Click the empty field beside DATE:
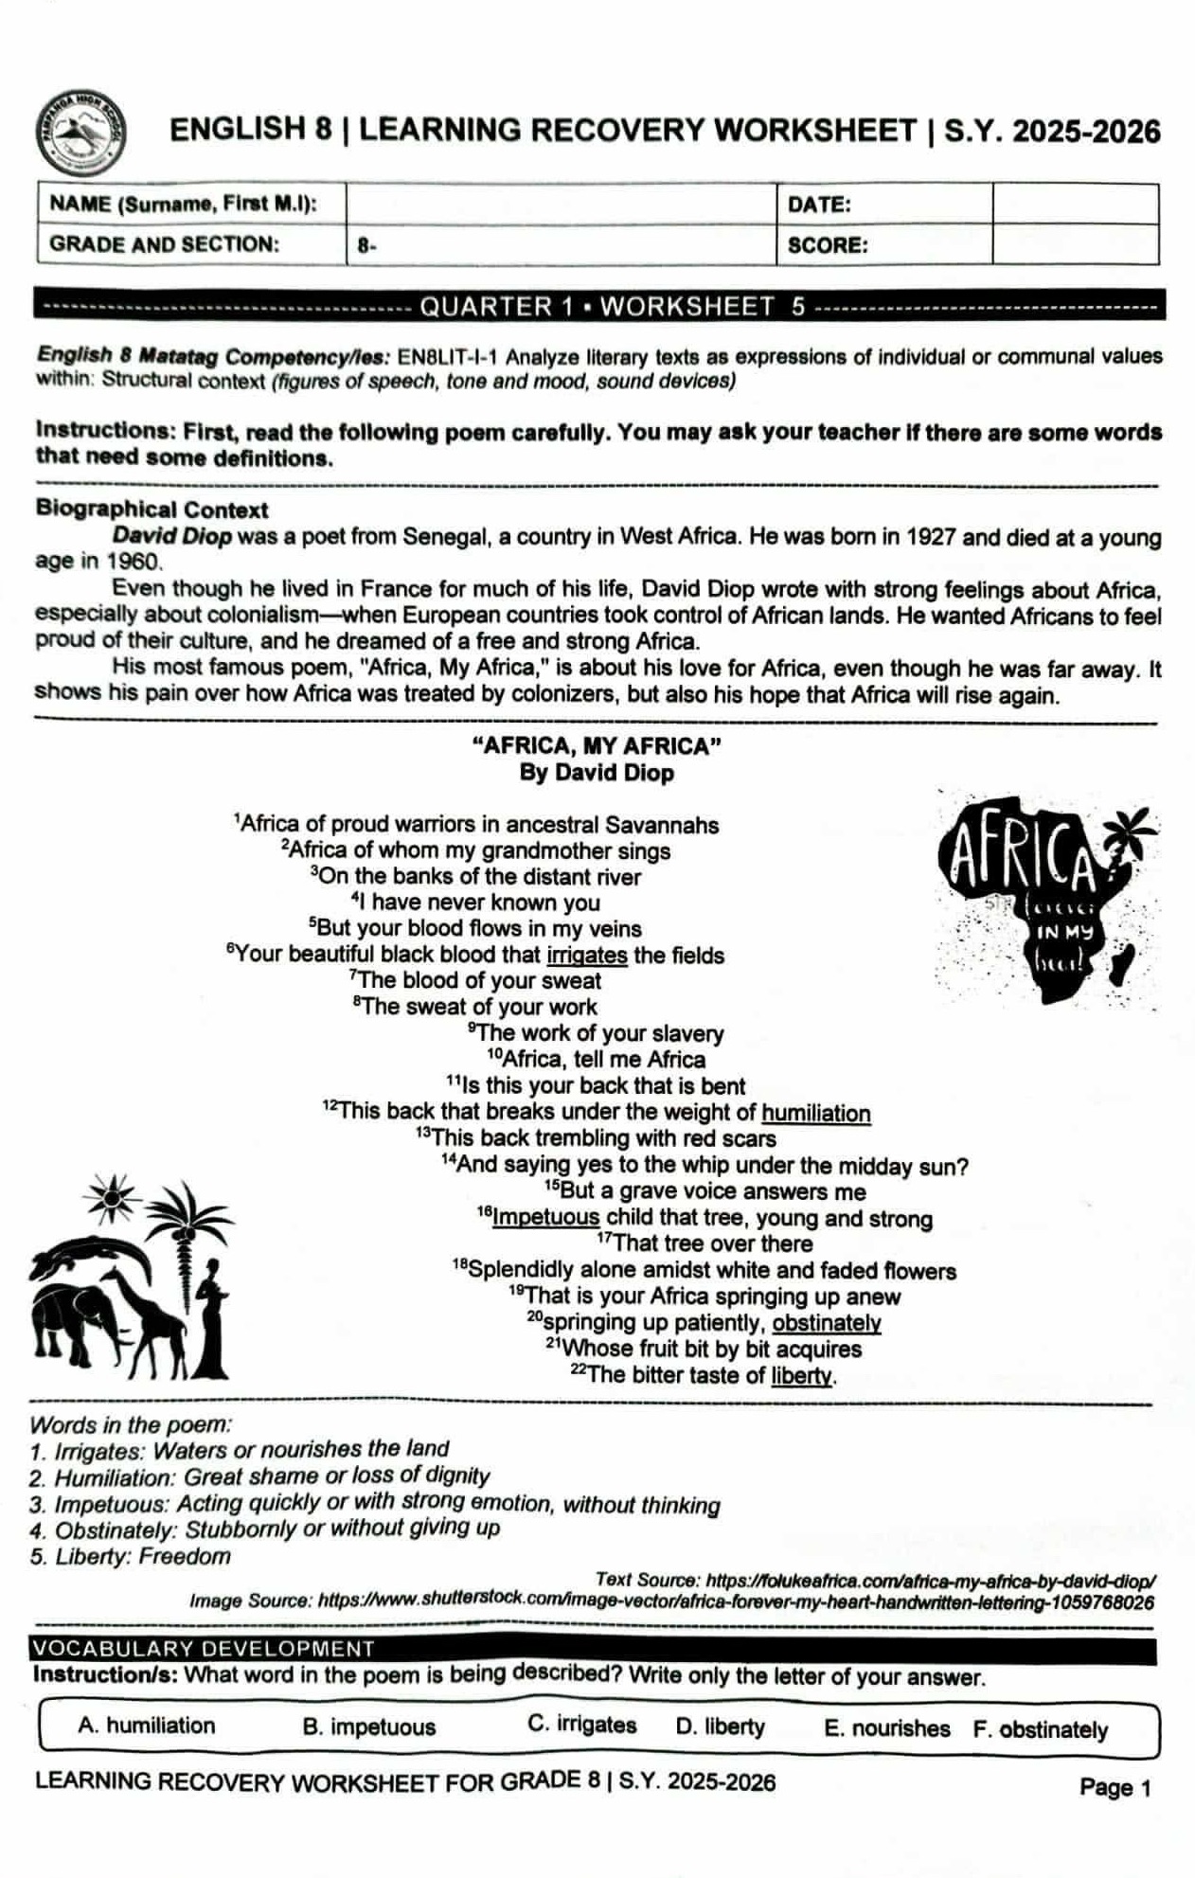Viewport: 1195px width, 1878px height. pyautogui.click(x=1075, y=205)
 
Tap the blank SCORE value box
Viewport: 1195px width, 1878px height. pyautogui.click(x=1075, y=245)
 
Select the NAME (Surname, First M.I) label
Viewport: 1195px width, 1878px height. pyautogui.click(x=184, y=204)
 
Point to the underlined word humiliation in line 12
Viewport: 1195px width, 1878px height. pyautogui.click(x=815, y=1113)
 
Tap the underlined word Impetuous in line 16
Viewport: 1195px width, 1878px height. pyautogui.click(x=545, y=1218)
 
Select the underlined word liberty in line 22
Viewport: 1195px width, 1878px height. pyautogui.click(x=802, y=1375)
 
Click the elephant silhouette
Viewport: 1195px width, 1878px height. pyautogui.click(x=74, y=1316)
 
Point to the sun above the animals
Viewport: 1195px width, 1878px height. pyautogui.click(x=114, y=1198)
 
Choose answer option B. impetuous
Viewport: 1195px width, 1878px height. pyautogui.click(x=369, y=1726)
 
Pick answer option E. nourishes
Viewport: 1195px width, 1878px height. pyautogui.click(x=886, y=1728)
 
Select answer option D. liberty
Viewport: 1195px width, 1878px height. pyautogui.click(x=720, y=1726)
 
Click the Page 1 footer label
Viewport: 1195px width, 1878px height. pyautogui.click(x=1115, y=1787)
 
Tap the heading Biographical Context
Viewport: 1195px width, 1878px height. pyautogui.click(x=152, y=510)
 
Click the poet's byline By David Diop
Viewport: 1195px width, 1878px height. pyautogui.click(x=597, y=773)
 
